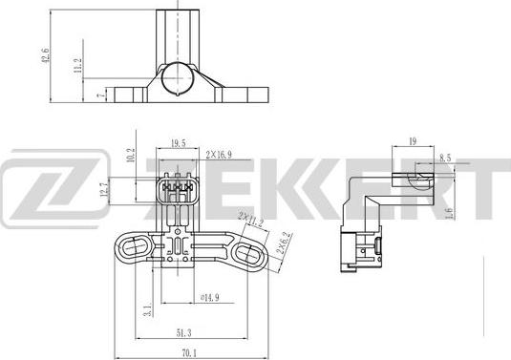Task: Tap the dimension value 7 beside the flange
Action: [x=100, y=96]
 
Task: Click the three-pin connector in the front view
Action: [x=177, y=189]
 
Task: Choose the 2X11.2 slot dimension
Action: [x=251, y=227]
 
